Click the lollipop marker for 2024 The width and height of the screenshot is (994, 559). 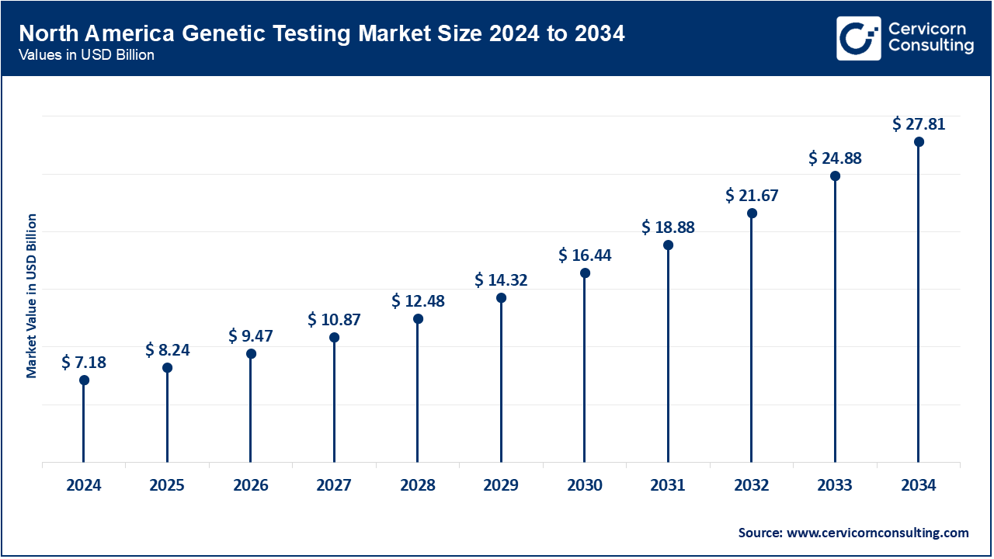tap(84, 380)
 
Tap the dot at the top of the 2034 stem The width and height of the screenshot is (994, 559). tap(919, 142)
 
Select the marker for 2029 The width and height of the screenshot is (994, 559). tap(501, 297)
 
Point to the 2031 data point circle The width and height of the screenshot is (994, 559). tap(668, 245)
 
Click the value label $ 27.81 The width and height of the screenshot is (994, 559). tap(919, 123)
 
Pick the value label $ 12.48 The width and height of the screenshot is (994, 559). tap(418, 300)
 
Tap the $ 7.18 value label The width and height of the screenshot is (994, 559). tap(84, 362)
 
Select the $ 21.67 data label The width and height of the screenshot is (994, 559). tap(752, 195)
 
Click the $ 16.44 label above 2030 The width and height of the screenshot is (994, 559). tap(585, 255)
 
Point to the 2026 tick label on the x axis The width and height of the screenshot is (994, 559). tap(251, 486)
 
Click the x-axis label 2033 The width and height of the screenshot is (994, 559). tap(835, 486)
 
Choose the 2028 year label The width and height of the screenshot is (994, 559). tap(418, 486)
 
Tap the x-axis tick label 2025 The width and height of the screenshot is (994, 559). tap(167, 486)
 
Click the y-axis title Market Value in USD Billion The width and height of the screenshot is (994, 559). tap(32, 295)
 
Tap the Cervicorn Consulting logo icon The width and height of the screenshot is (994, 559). tap(858, 38)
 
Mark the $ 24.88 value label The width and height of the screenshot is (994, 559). tap(835, 158)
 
